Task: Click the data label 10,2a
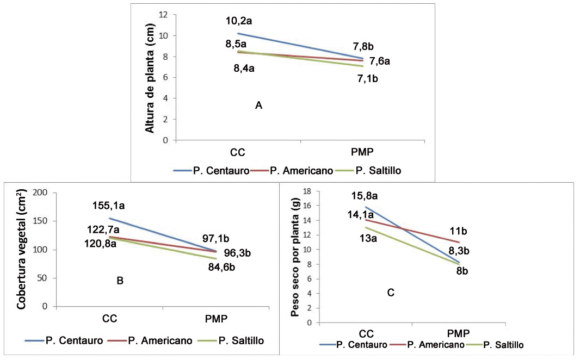click(240, 22)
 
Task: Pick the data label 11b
click(458, 231)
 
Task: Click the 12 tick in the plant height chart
click(164, 14)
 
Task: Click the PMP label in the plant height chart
click(361, 151)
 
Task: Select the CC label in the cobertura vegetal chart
click(109, 319)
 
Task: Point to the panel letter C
click(391, 293)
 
